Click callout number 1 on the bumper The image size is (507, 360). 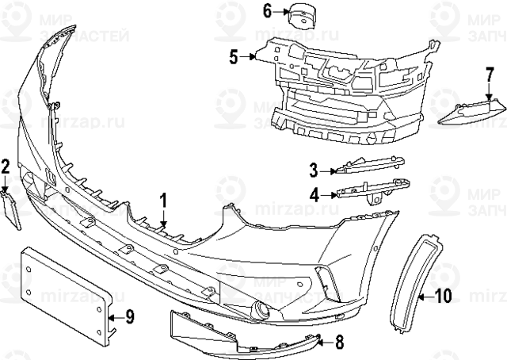pos(163,201)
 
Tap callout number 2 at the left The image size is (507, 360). pos(6,167)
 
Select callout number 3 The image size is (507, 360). pos(314,170)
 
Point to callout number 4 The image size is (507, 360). pos(314,193)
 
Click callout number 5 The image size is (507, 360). pos(234,56)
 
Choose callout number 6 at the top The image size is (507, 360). pos(268,11)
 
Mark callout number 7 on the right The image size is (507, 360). pos(490,77)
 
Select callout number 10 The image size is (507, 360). pos(443,296)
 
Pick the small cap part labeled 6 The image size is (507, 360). pos(302,15)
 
